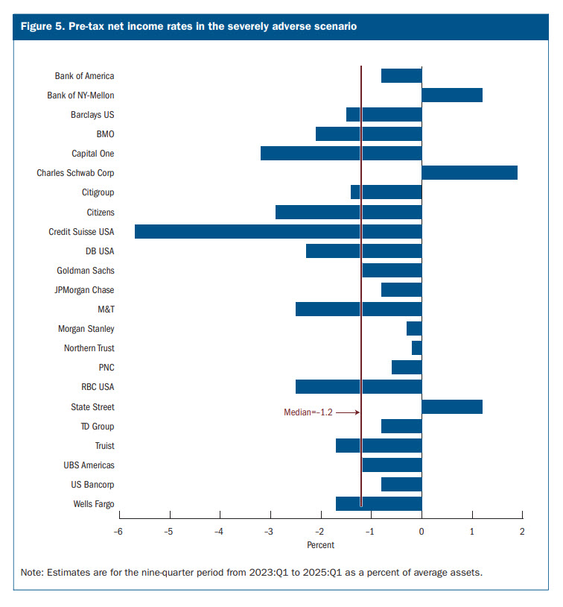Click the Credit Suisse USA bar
click(x=278, y=231)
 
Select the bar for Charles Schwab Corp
click(x=469, y=173)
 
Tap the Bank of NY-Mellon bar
click(x=452, y=95)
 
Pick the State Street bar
click(x=452, y=406)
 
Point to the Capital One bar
click(x=341, y=154)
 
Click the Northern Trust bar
click(x=417, y=348)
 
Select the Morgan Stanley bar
click(x=414, y=329)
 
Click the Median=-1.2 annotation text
click(x=308, y=412)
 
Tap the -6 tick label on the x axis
click(x=118, y=532)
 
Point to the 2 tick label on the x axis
click(x=522, y=532)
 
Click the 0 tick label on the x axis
click(x=422, y=532)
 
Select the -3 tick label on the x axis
click(x=269, y=532)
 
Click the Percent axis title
click(x=321, y=545)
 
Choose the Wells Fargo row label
click(x=93, y=504)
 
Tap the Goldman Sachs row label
click(x=86, y=271)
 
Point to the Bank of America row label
click(x=84, y=76)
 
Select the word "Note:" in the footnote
click(x=33, y=573)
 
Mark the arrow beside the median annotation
click(x=348, y=412)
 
